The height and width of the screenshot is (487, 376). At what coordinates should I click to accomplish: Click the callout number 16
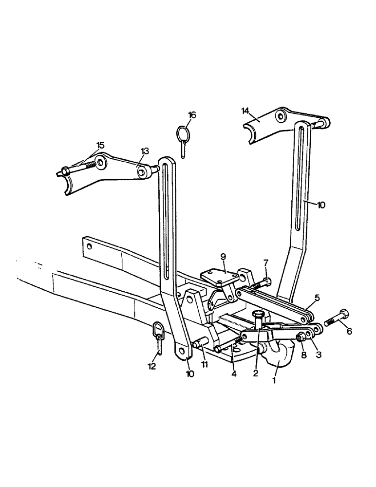point(192,115)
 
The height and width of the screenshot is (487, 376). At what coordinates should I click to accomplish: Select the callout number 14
point(245,111)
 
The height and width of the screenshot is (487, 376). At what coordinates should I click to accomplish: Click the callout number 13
point(145,150)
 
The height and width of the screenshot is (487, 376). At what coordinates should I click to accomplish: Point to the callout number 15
point(100,145)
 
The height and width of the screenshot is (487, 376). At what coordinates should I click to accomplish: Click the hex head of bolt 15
point(65,170)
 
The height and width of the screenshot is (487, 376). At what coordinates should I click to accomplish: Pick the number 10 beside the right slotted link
point(321,205)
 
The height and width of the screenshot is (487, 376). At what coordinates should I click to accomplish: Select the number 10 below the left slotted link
point(189,374)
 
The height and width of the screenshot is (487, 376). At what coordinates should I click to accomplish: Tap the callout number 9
point(223,256)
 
